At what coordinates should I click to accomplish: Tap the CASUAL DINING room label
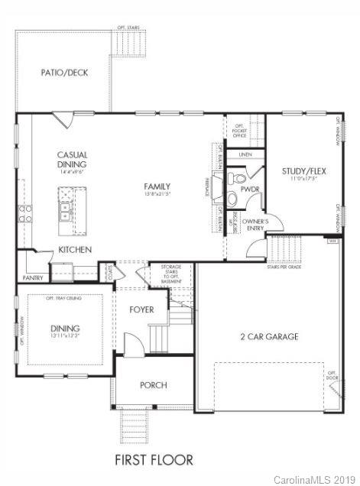coord(72,159)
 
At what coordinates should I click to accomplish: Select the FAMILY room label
coord(157,186)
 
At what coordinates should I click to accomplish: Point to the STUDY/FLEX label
coord(303,170)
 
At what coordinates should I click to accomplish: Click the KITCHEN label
coord(75,250)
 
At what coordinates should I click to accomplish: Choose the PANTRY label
coord(33,278)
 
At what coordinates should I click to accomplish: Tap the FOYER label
coord(141,310)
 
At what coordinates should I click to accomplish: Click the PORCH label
coord(153,385)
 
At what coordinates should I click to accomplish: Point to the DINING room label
coord(64,326)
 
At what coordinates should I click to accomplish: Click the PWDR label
coord(250,189)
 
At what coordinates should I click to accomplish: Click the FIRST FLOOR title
coord(154,460)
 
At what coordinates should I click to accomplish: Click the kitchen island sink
coord(66,211)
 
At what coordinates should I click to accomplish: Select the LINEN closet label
coord(245,154)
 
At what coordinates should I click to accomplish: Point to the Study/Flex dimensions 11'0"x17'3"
coord(303,179)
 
